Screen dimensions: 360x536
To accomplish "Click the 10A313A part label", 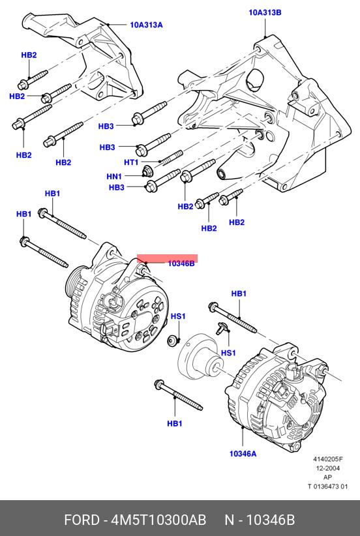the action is [x=146, y=25].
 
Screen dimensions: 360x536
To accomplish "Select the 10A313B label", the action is [x=265, y=13].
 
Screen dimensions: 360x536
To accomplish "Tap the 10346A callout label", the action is [x=243, y=454].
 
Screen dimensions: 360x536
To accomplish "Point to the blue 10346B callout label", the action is [x=181, y=263].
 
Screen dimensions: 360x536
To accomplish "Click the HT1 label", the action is [x=131, y=163].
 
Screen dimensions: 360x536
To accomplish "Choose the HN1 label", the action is [x=114, y=177].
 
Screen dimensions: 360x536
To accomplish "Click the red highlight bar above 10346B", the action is [x=168, y=258].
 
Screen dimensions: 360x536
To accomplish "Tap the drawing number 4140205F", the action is [x=328, y=460].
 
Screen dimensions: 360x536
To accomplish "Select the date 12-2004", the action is [x=328, y=468].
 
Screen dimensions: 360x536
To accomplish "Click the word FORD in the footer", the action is [x=82, y=520].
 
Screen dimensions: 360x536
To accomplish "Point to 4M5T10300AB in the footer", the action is [x=159, y=520].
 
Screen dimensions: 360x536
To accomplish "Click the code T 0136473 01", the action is [x=327, y=486].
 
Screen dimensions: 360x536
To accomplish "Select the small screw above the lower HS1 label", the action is [x=222, y=328].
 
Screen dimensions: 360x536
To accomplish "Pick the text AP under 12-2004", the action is [x=327, y=477].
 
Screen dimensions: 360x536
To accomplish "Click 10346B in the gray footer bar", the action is [x=271, y=520].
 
